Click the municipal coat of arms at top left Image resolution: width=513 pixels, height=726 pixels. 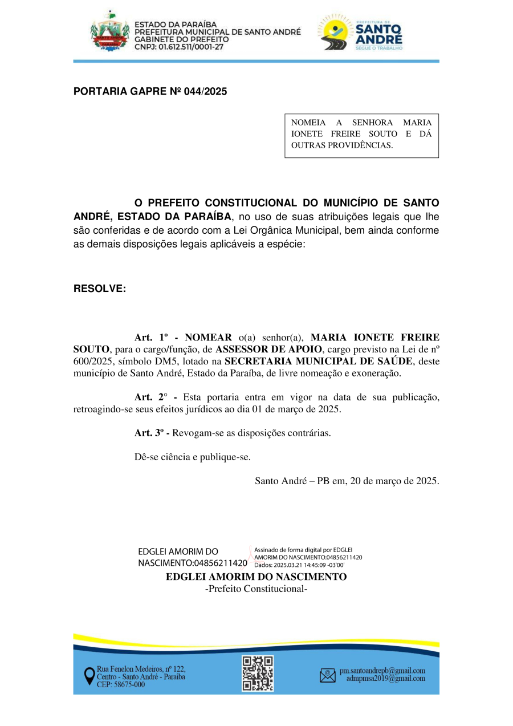110,32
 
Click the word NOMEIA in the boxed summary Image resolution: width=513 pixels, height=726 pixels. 308,123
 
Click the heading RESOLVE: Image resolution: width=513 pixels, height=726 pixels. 100,289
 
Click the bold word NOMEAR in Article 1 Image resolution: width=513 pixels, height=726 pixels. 208,337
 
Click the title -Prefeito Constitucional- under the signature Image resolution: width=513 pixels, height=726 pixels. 256,589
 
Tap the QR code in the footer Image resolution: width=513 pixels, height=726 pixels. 258,674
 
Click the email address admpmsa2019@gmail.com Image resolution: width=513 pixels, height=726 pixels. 385,679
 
